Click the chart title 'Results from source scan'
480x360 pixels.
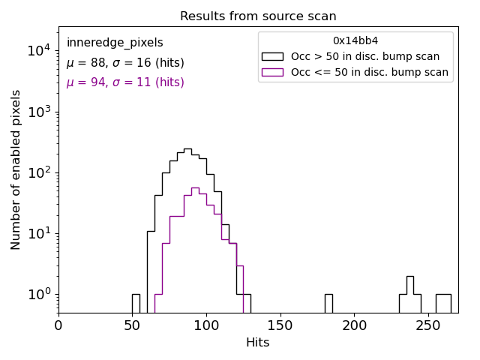(x=258, y=16)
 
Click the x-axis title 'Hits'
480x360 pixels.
(x=258, y=343)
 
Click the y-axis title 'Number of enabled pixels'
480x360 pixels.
(x=16, y=169)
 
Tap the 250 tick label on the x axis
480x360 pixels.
(x=428, y=325)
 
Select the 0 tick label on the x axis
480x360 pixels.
(x=58, y=325)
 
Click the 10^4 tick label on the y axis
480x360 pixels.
(x=38, y=51)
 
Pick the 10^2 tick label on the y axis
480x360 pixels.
(x=38, y=172)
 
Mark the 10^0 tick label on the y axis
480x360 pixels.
(x=38, y=294)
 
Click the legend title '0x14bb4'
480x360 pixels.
(x=355, y=40)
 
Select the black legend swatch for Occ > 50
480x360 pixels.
(x=272, y=56)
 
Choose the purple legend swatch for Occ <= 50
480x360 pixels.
(x=272, y=73)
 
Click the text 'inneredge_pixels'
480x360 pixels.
(x=115, y=43)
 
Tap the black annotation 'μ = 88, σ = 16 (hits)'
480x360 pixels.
(x=125, y=63)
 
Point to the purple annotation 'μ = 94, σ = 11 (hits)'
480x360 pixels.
(x=125, y=82)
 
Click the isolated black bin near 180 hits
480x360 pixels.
(x=328, y=302)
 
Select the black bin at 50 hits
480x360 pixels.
(x=136, y=302)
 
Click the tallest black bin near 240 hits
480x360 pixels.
(x=410, y=292)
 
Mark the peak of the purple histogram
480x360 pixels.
(x=195, y=188)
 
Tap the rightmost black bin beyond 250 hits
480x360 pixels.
(x=443, y=302)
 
